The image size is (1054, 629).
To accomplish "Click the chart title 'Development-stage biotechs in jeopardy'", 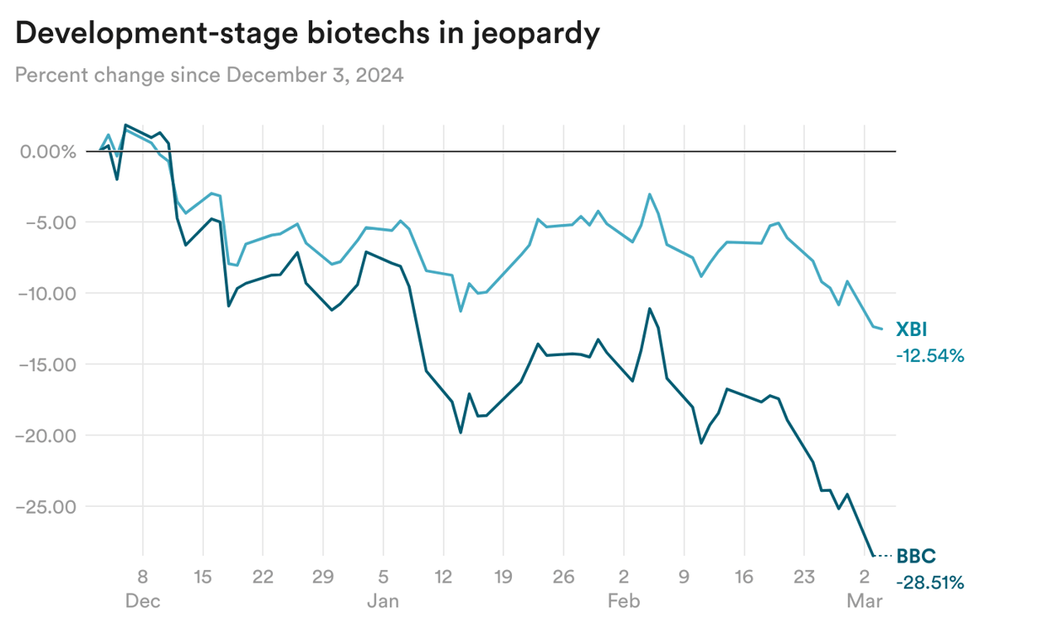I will coord(307,34).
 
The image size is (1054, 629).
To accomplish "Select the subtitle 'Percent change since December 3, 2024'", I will coord(209,75).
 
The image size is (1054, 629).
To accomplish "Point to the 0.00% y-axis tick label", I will coord(46,152).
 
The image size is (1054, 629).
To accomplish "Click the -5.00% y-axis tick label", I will coord(46,222).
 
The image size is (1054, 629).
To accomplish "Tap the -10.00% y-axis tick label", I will coord(43,294).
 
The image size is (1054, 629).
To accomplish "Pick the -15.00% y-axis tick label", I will coord(43,365).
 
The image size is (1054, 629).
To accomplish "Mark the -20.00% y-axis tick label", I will coord(43,435).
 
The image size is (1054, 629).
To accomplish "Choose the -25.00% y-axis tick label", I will coord(43,507).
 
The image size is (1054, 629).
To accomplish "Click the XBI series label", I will coord(913,330).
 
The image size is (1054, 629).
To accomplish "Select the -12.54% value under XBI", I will coord(929,356).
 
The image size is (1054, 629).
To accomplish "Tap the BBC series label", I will coord(915,556).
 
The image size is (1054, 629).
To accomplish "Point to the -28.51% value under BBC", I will coord(929,583).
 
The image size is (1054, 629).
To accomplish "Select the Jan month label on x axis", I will coord(382,601).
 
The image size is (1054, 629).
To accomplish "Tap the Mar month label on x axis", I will coord(864,601).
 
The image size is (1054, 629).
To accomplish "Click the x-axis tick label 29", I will coord(322,578).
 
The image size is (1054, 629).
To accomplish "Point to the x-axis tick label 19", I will coord(503,578).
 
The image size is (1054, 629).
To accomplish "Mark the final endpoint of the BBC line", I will coord(874,556).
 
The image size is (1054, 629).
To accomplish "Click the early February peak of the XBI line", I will coord(650,195).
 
